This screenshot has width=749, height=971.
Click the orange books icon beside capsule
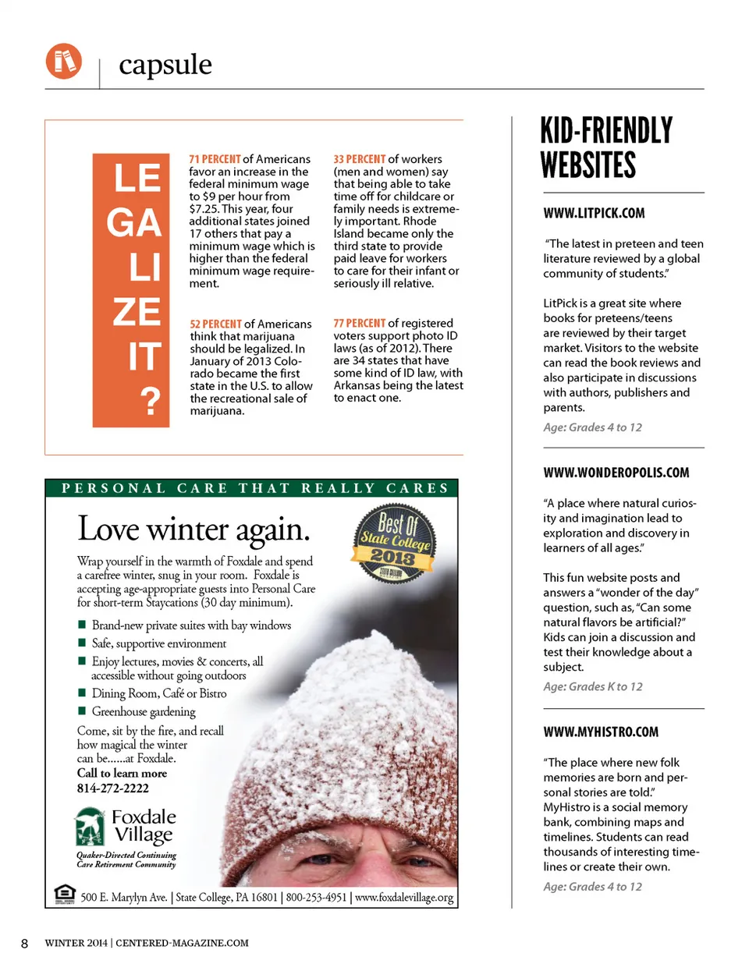click(x=63, y=61)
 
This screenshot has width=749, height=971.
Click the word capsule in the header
click(x=165, y=65)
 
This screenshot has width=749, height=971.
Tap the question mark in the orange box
click(x=150, y=401)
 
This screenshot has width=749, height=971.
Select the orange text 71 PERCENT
click(x=215, y=159)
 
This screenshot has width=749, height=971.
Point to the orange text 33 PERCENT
click(x=359, y=159)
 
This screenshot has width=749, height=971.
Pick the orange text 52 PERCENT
click(x=215, y=324)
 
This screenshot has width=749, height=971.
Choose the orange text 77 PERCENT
click(x=359, y=323)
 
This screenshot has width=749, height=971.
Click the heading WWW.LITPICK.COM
click(x=594, y=213)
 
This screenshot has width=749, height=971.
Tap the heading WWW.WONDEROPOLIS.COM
click(x=616, y=473)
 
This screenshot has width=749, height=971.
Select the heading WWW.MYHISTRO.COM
click(x=601, y=732)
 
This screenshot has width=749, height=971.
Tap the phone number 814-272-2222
click(x=112, y=788)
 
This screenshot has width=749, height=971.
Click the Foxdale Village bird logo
click(x=90, y=827)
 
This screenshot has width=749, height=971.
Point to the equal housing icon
click(x=65, y=895)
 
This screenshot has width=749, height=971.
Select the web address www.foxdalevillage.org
click(x=403, y=897)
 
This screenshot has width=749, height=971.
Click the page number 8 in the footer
click(x=24, y=944)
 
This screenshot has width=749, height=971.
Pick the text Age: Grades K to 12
click(x=592, y=686)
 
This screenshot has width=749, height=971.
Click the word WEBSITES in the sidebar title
click(x=589, y=165)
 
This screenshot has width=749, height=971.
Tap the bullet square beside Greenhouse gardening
click(x=82, y=711)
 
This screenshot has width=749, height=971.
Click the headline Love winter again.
click(x=193, y=529)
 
